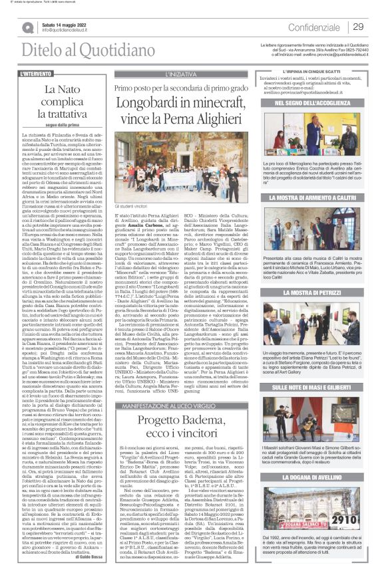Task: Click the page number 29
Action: pyautogui.click(x=358, y=27)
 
